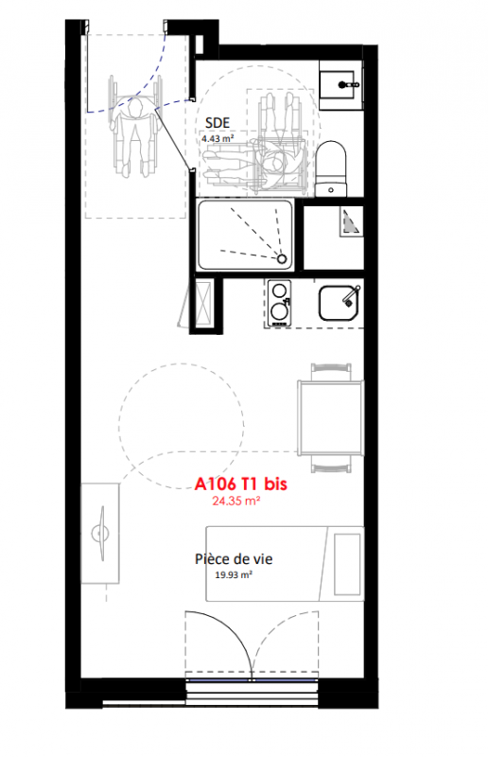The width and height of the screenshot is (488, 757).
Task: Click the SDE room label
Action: pyautogui.click(x=218, y=123)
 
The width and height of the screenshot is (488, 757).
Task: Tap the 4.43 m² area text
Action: pyautogui.click(x=218, y=138)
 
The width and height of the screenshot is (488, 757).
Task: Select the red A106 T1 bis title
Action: pyautogui.click(x=241, y=484)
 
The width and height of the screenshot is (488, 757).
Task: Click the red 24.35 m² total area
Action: pyautogui.click(x=236, y=501)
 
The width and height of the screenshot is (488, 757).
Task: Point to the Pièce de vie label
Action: pyautogui.click(x=234, y=558)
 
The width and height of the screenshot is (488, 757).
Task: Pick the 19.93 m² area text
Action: pyautogui.click(x=234, y=575)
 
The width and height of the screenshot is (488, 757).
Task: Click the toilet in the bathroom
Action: pyautogui.click(x=331, y=168)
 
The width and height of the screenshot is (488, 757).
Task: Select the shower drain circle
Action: pyautogui.click(x=282, y=258)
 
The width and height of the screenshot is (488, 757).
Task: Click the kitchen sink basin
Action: pyautogui.click(x=339, y=303)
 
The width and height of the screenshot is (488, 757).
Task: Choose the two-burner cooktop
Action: pyautogui.click(x=280, y=303)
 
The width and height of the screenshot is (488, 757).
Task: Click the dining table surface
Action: pyautogui.click(x=330, y=417)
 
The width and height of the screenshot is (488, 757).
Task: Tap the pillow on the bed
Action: pyautogui.click(x=347, y=564)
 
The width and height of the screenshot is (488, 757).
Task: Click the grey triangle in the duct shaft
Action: pyautogui.click(x=350, y=222)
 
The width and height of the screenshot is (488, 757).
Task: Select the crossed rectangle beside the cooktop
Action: pyautogui.click(x=202, y=301)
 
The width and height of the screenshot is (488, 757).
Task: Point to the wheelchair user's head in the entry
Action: pyautogui.click(x=135, y=108)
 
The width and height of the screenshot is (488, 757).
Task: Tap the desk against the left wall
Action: pyautogui.click(x=100, y=533)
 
